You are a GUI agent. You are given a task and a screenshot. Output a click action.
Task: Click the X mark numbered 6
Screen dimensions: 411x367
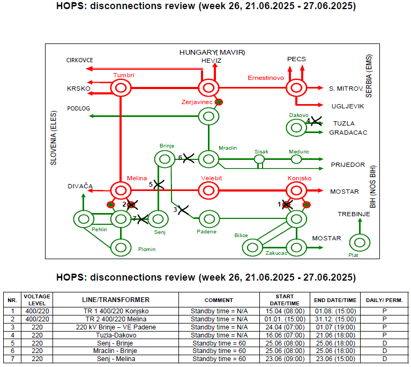pyautogui.click(x=189, y=158)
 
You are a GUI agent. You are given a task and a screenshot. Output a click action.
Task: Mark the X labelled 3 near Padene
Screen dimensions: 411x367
pyautogui.click(x=183, y=210)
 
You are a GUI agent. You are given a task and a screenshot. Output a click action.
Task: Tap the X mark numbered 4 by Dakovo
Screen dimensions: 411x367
pyautogui.click(x=316, y=121)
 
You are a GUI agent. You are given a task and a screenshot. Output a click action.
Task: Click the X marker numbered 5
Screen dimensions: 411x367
pyautogui.click(x=159, y=185)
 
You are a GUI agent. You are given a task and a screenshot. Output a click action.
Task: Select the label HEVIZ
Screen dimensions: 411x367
pyautogui.click(x=211, y=61)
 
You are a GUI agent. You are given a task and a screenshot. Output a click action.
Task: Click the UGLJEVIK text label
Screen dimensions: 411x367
pyautogui.click(x=348, y=106)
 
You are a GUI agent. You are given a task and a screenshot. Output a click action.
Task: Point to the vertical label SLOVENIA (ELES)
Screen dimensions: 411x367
pyautogui.click(x=54, y=138)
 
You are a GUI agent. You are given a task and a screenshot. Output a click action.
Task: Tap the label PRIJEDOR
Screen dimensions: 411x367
pyautogui.click(x=348, y=165)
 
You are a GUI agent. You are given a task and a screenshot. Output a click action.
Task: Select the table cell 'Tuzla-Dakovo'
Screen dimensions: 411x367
pyautogui.click(x=116, y=335)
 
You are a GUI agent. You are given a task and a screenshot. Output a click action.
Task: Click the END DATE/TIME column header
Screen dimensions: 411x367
pyautogui.click(x=335, y=300)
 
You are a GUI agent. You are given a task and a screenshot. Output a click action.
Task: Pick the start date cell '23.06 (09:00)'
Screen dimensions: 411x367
pyautogui.click(x=285, y=359)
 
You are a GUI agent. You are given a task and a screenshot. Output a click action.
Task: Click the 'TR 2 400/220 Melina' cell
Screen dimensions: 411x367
pyautogui.click(x=116, y=319)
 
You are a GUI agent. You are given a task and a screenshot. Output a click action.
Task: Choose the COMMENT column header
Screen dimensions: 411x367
pyautogui.click(x=219, y=300)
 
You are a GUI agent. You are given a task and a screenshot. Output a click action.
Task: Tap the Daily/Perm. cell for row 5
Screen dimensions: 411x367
pyautogui.click(x=384, y=343)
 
